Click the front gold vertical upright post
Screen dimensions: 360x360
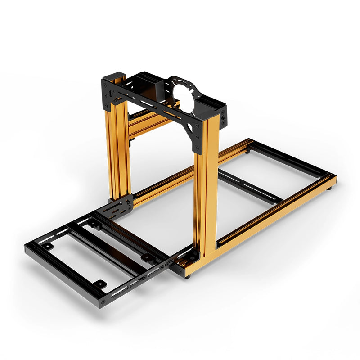(x=206, y=189)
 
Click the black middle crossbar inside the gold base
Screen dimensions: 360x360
(x=250, y=186)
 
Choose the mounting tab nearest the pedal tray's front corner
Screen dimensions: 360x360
(x=98, y=284)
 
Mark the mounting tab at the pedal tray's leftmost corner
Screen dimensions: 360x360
(x=47, y=246)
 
